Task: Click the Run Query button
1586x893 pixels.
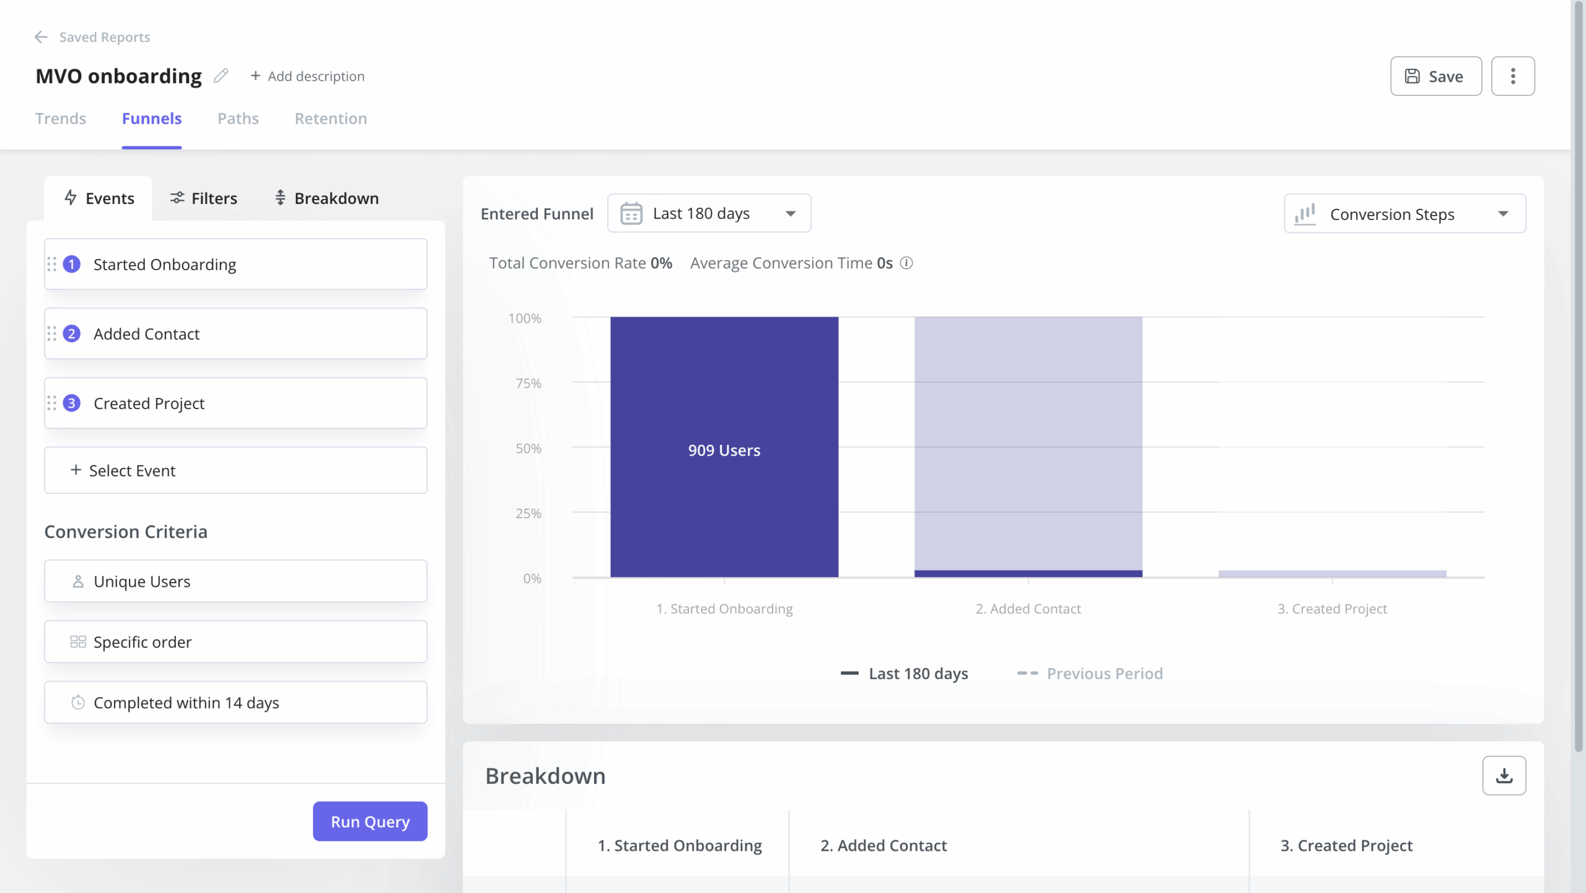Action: click(x=370, y=821)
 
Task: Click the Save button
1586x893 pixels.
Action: click(x=1435, y=76)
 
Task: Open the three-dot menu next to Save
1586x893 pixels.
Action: click(x=1512, y=76)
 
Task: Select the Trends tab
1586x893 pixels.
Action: click(x=61, y=118)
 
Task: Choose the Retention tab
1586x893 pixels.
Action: click(x=331, y=118)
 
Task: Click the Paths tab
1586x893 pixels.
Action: click(x=238, y=118)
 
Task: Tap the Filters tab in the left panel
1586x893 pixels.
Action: click(x=204, y=198)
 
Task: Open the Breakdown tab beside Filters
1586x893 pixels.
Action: click(x=326, y=198)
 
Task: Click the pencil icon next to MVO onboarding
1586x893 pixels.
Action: click(x=221, y=76)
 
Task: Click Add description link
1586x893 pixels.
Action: click(x=308, y=76)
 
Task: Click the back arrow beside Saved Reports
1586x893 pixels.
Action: click(x=41, y=37)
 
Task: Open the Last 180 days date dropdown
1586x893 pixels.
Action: click(x=709, y=213)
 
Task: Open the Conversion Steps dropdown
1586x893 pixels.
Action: click(x=1404, y=214)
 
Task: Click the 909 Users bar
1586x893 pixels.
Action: click(x=724, y=450)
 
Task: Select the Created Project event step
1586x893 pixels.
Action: click(x=235, y=403)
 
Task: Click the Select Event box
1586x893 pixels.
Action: click(x=235, y=470)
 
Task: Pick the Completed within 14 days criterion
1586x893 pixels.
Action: click(x=235, y=703)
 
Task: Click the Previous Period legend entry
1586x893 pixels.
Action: click(x=1090, y=674)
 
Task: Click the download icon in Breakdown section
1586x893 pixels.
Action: click(x=1504, y=775)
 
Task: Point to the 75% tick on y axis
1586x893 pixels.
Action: click(x=528, y=383)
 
